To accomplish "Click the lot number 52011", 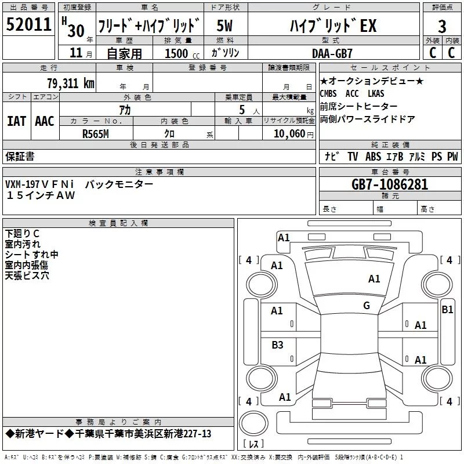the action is coord(28,24).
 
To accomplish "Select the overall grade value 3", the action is coord(442,27).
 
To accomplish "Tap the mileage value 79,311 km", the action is coord(71,84).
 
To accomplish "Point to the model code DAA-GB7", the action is coord(332,53).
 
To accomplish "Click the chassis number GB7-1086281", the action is coord(390,184).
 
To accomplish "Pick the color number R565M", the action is coord(96,134).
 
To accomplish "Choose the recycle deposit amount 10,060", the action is coord(289,134).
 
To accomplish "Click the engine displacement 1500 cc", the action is coord(182,53).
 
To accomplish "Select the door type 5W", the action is coord(224,26).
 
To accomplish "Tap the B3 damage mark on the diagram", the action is coord(277,345).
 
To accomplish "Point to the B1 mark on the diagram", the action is coord(447,310).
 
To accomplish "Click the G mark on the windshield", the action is coord(367,305).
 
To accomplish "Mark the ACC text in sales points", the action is coord(352,93).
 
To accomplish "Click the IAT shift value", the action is coord(16,121).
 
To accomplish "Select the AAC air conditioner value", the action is coord(45,121).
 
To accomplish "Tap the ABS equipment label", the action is coord(373,157).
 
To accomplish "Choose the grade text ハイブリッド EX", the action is coord(333,26).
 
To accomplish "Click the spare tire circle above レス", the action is coord(253,423).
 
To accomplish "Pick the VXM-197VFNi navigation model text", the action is coord(39,184).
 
